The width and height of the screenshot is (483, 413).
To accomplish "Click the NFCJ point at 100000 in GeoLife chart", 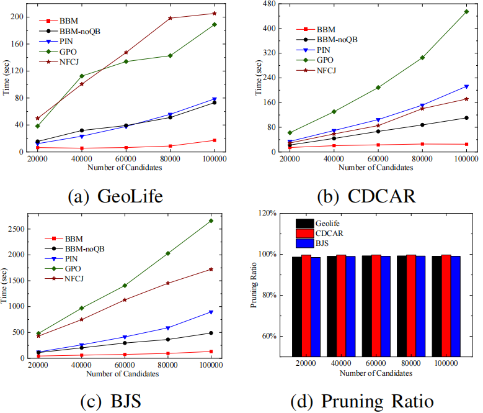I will coord(215,13).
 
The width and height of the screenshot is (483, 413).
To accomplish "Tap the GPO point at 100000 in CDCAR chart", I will coord(466,11).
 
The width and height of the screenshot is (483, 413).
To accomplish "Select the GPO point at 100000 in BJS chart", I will coord(211,220).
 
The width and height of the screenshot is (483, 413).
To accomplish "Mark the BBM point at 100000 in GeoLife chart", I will coord(215,140).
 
